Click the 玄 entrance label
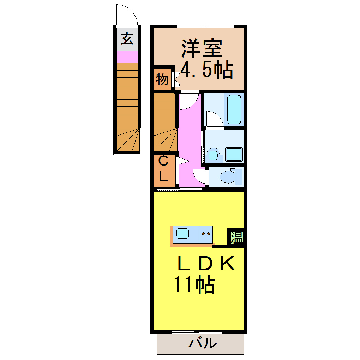click(127, 38)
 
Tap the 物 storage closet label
click(162, 79)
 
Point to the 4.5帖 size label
click(206, 70)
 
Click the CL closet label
click(163, 169)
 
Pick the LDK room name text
click(206, 264)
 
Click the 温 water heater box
click(236, 237)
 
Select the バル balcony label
click(202, 343)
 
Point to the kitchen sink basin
click(182, 233)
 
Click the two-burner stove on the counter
click(206, 233)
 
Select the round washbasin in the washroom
click(212, 155)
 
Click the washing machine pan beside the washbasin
click(234, 155)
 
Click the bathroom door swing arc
click(214, 119)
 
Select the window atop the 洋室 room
click(205, 26)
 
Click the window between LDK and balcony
click(197, 332)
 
